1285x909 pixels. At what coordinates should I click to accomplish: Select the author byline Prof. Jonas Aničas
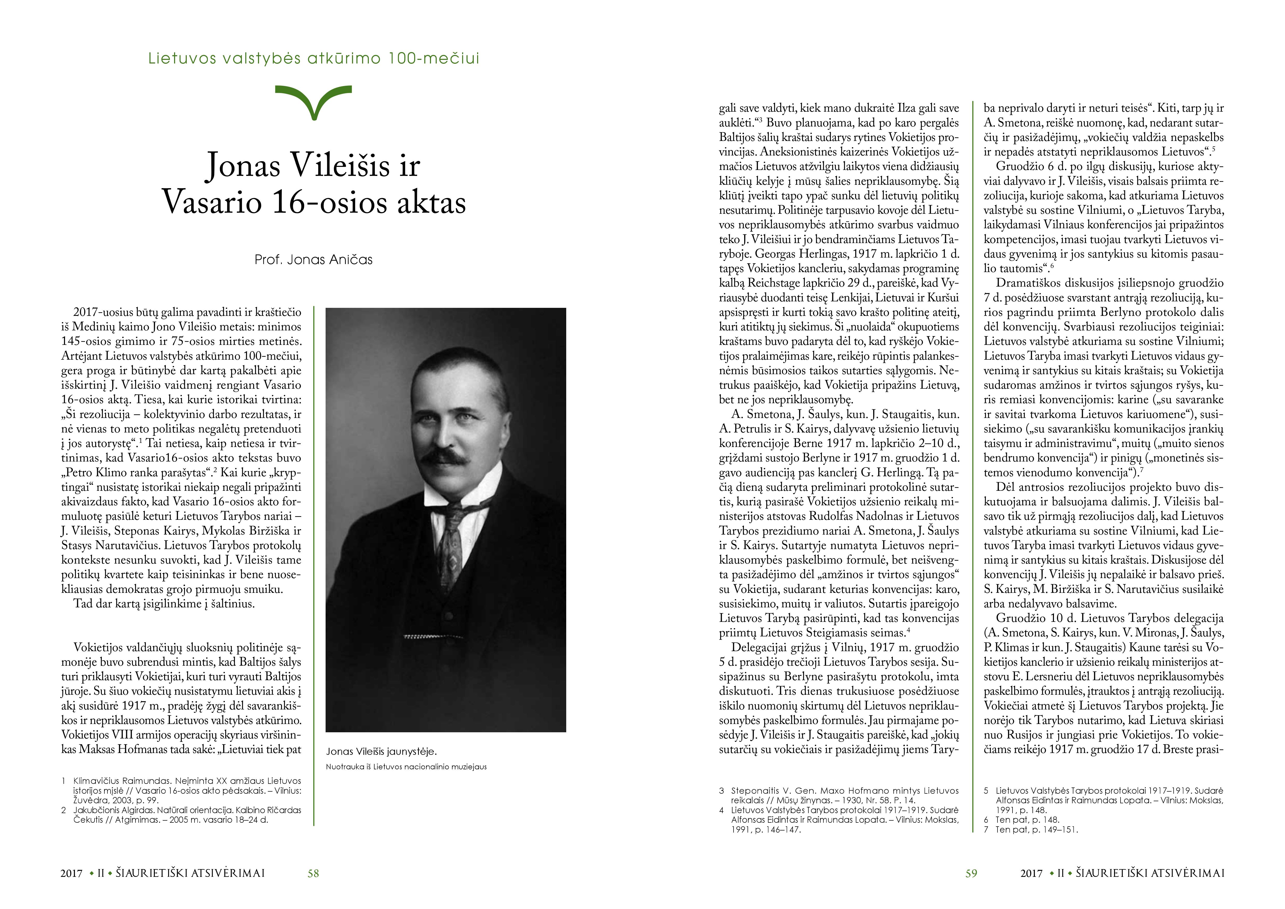[x=313, y=260]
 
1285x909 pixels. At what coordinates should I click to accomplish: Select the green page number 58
[x=313, y=873]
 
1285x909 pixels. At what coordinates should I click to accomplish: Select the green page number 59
[x=971, y=873]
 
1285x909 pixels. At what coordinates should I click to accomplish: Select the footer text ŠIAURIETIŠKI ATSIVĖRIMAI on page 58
[x=190, y=873]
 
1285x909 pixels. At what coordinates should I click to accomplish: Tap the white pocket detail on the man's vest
[x=425, y=636]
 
